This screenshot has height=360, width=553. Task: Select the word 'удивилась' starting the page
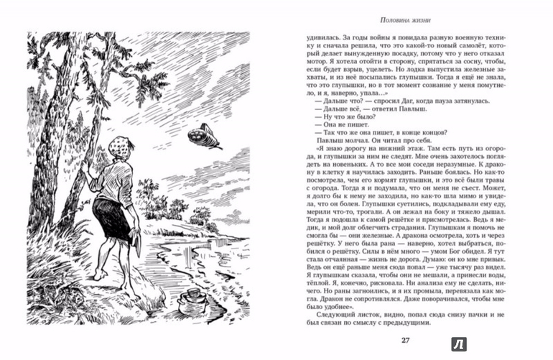click(x=305, y=33)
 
